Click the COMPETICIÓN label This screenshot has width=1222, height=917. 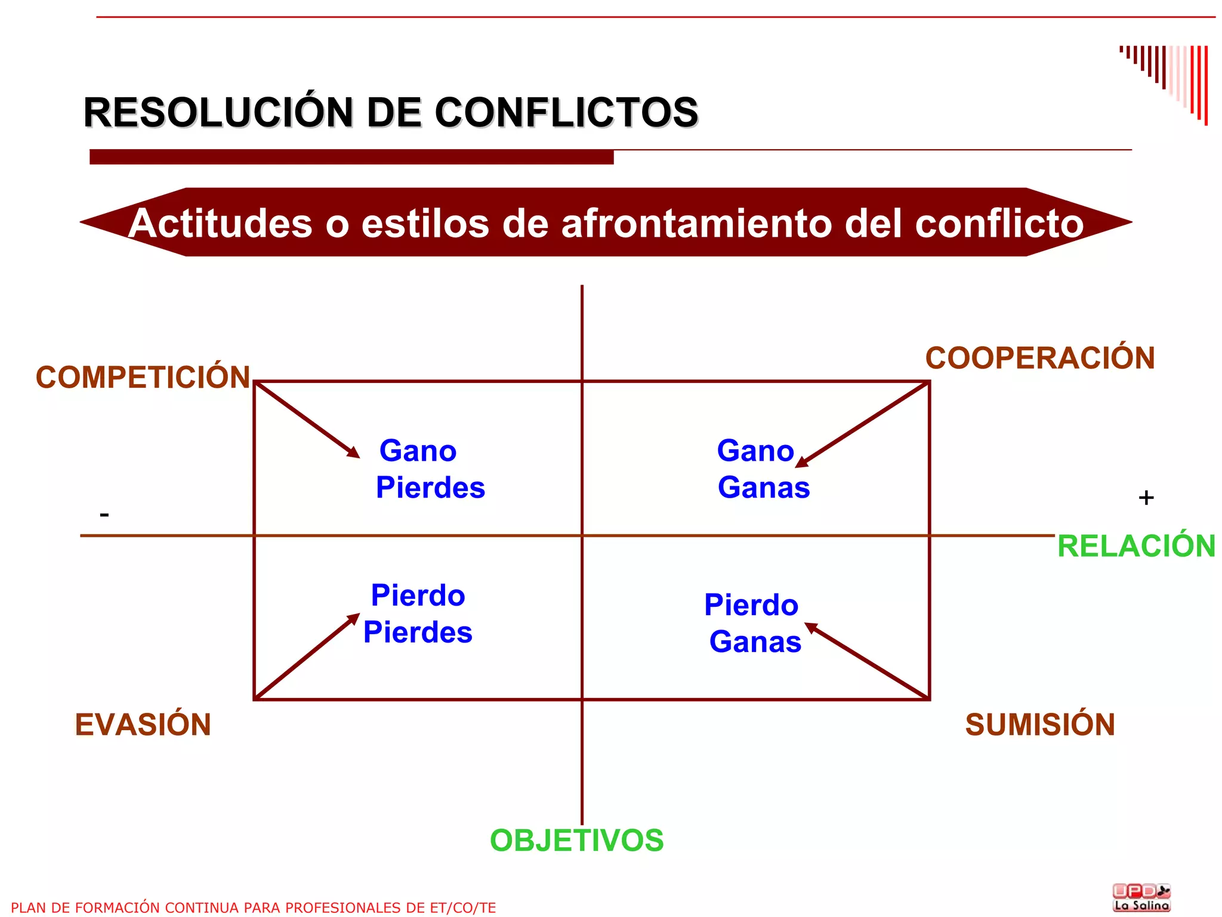pyautogui.click(x=143, y=377)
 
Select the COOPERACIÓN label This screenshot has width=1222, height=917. pyautogui.click(x=1039, y=358)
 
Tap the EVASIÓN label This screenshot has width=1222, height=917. pyautogui.click(x=143, y=724)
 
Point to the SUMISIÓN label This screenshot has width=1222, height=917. pyautogui.click(x=1039, y=724)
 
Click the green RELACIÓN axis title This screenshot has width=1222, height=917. pyautogui.click(x=1135, y=546)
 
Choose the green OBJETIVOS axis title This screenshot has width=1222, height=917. pyautogui.click(x=576, y=840)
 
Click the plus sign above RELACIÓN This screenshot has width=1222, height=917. pyautogui.click(x=1146, y=498)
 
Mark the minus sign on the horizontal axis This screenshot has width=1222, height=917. pyautogui.click(x=104, y=514)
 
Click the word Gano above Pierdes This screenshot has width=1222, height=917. pyautogui.click(x=418, y=450)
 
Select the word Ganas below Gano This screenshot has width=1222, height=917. pyautogui.click(x=764, y=487)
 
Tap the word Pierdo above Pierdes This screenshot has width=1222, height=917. pyautogui.click(x=418, y=595)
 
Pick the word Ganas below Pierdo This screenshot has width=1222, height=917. pyautogui.click(x=755, y=642)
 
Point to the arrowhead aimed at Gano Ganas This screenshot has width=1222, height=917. pyautogui.click(x=802, y=462)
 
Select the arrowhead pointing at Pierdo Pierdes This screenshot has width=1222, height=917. pyautogui.click(x=354, y=619)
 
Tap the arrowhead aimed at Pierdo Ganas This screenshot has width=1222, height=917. pyautogui.click(x=811, y=628)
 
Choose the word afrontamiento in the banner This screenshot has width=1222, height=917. pyautogui.click(x=697, y=223)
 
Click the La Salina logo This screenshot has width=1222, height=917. pyautogui.click(x=1141, y=897)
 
